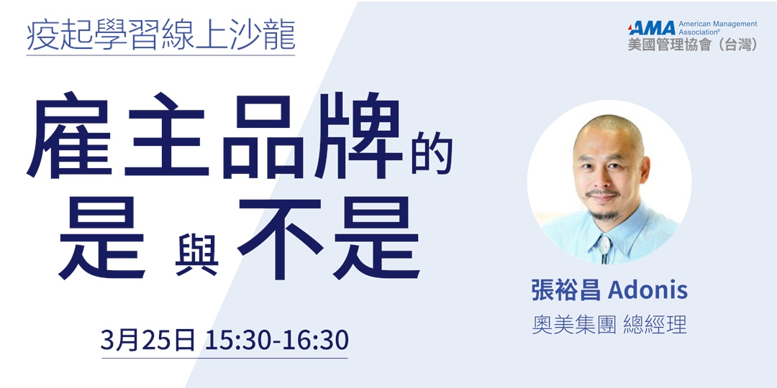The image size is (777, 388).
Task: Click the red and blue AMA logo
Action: (x=652, y=28)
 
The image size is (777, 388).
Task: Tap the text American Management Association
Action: (x=717, y=28)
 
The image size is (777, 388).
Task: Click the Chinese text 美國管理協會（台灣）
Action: (x=692, y=45)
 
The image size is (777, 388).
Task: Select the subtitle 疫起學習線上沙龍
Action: (x=160, y=35)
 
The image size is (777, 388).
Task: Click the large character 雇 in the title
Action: (x=73, y=136)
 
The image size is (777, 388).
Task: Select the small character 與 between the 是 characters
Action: (x=196, y=256)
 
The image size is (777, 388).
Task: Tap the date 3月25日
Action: (x=147, y=340)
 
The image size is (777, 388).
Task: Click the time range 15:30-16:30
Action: (x=276, y=340)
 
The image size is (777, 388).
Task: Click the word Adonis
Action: (x=647, y=291)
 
